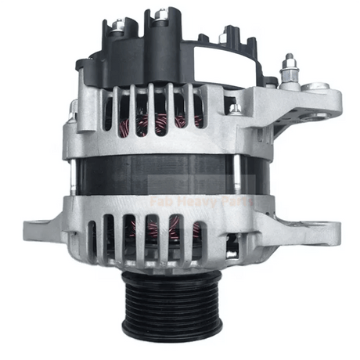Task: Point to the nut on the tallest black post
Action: coord(161,14)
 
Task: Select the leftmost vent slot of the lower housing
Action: coord(92,239)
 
